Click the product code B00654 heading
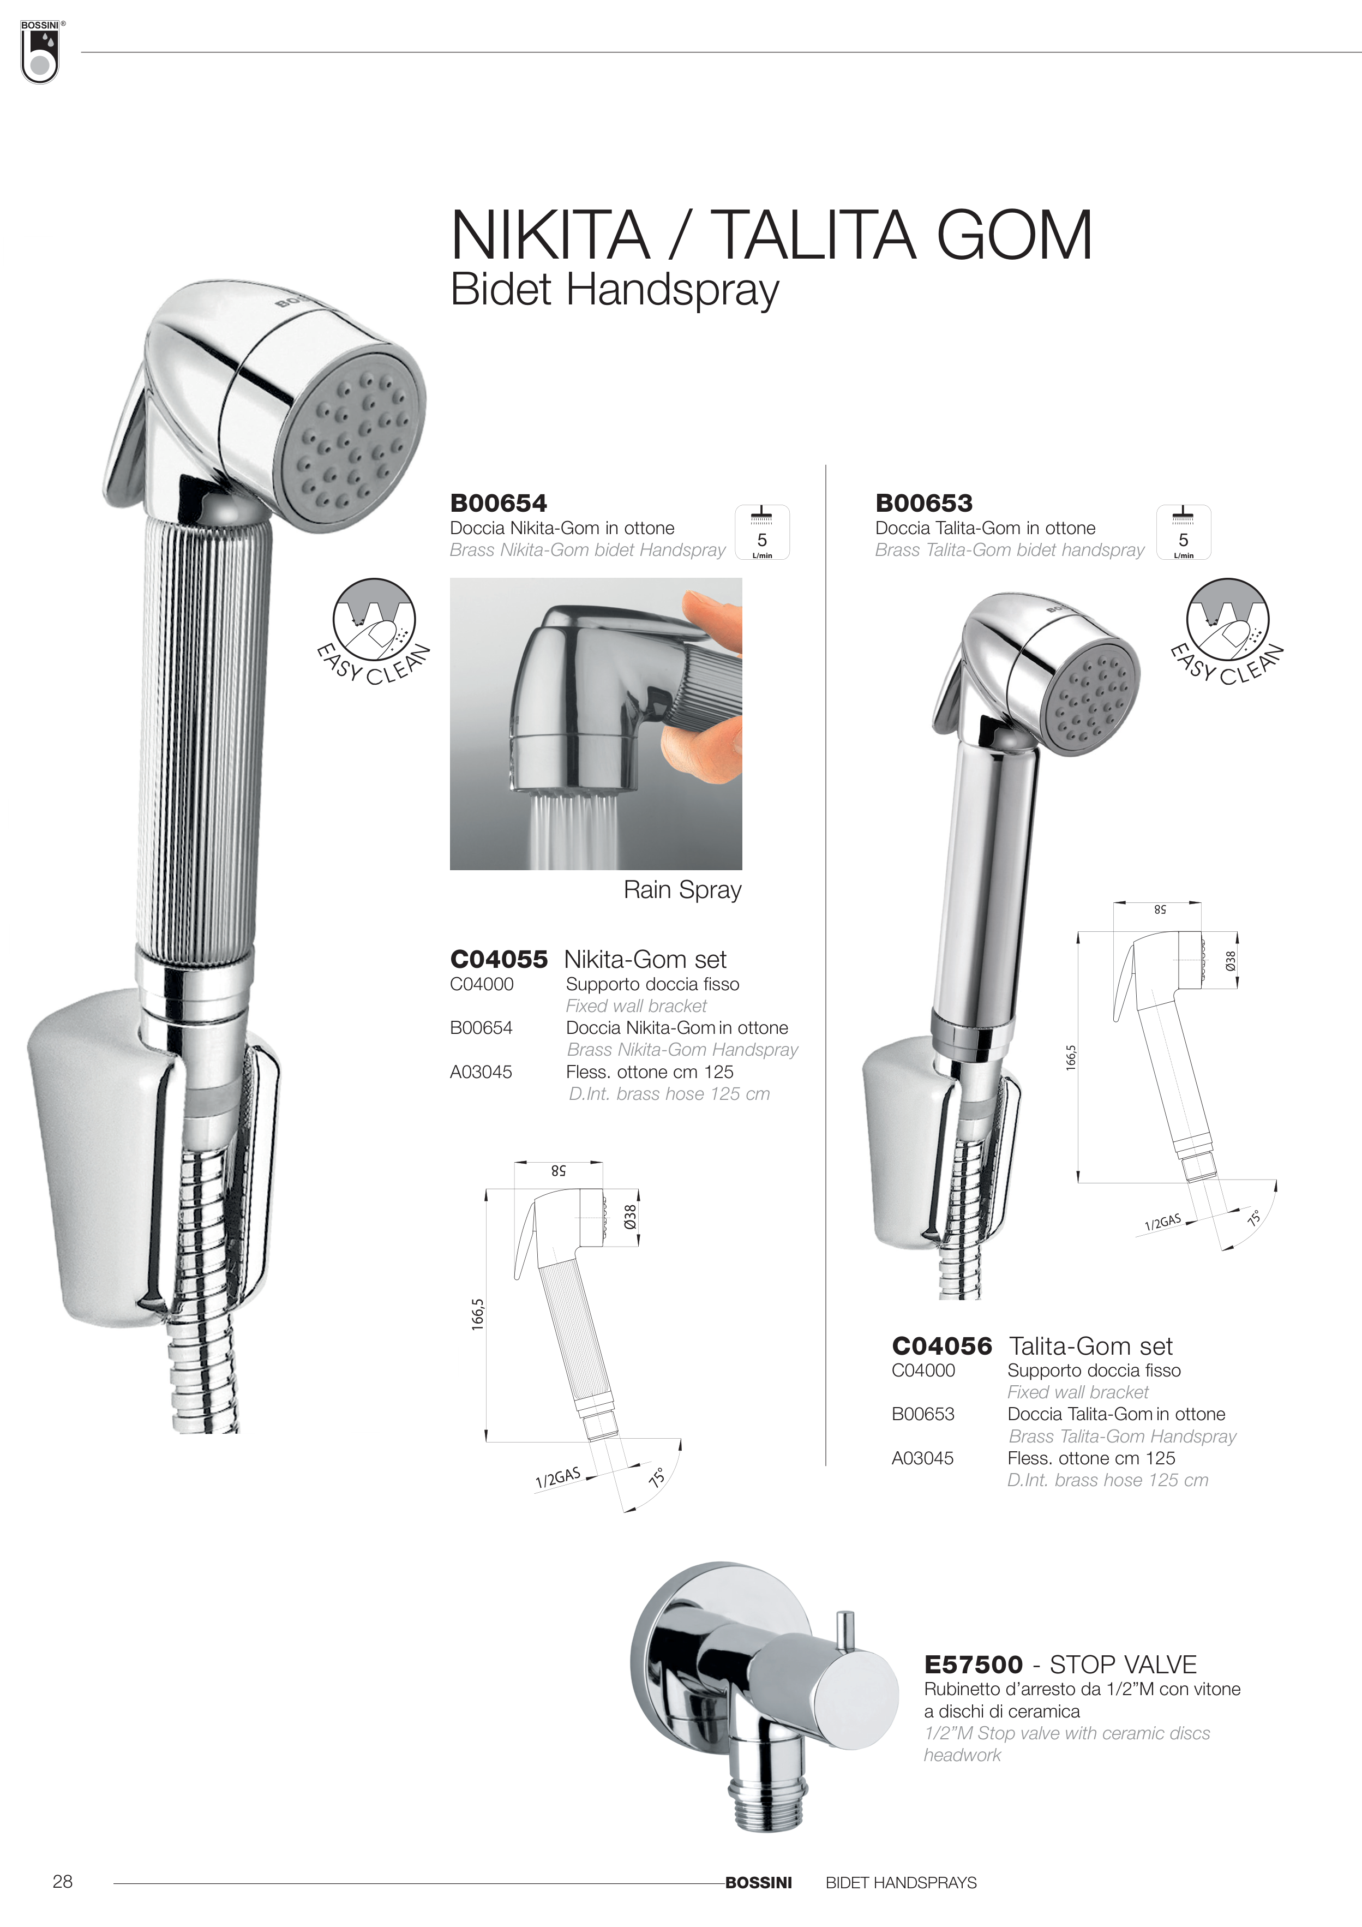click(x=499, y=504)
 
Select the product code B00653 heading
click(x=924, y=504)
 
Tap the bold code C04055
click(x=499, y=959)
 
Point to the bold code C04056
click(x=941, y=1346)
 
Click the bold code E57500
click(x=974, y=1665)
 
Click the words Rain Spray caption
click(x=682, y=890)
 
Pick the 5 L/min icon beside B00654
click(x=762, y=532)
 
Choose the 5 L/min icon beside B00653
click(x=1183, y=532)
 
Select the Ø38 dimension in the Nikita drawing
click(x=630, y=1217)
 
